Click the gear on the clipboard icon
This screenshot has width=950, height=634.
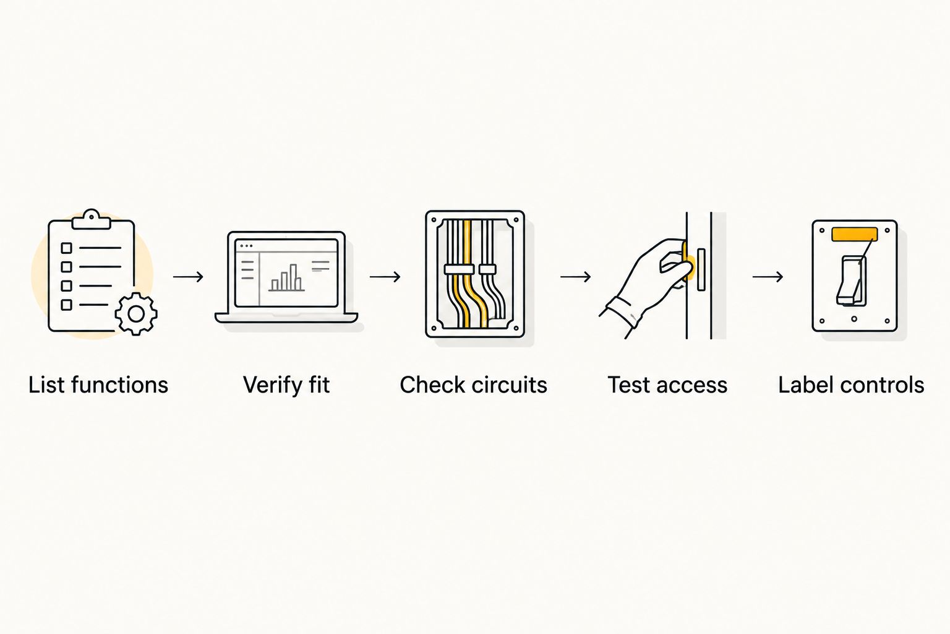pos(136,315)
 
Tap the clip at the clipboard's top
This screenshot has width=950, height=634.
pos(91,220)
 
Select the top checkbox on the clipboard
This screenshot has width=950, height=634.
pos(67,248)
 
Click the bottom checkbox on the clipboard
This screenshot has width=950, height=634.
pos(67,305)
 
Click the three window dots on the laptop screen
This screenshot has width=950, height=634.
pos(246,246)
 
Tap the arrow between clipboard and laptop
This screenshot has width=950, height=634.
pos(188,277)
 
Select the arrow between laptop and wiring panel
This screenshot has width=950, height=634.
pos(385,277)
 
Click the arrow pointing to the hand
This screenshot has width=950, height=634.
pos(576,277)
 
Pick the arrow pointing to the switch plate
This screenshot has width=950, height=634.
pos(768,277)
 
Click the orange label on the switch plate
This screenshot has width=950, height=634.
pos(855,235)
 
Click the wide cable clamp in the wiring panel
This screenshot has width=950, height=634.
pos(459,269)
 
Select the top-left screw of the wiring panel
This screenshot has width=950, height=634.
pos(434,220)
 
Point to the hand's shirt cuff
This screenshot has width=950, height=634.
pos(623,313)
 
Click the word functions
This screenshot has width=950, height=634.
pos(119,385)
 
